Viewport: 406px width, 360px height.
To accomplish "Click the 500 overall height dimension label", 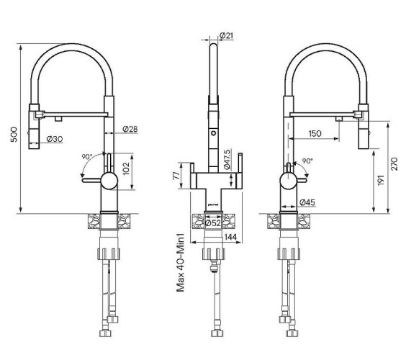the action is pyautogui.click(x=14, y=135).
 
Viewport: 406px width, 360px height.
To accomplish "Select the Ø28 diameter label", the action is pyautogui.click(x=130, y=129).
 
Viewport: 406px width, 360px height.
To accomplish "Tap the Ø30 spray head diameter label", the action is pyautogui.click(x=55, y=139).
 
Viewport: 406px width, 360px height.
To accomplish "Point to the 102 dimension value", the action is pyautogui.click(x=126, y=168).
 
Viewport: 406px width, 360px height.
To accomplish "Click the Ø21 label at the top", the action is pyautogui.click(x=226, y=35).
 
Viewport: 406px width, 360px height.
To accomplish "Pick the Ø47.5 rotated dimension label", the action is pyautogui.click(x=227, y=159).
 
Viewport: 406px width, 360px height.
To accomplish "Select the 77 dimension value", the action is pyautogui.click(x=176, y=176).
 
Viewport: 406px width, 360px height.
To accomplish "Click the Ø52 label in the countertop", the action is pyautogui.click(x=213, y=222).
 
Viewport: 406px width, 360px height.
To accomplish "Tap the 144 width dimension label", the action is pyautogui.click(x=230, y=237).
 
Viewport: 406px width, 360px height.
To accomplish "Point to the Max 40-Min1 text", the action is pyautogui.click(x=181, y=263).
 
